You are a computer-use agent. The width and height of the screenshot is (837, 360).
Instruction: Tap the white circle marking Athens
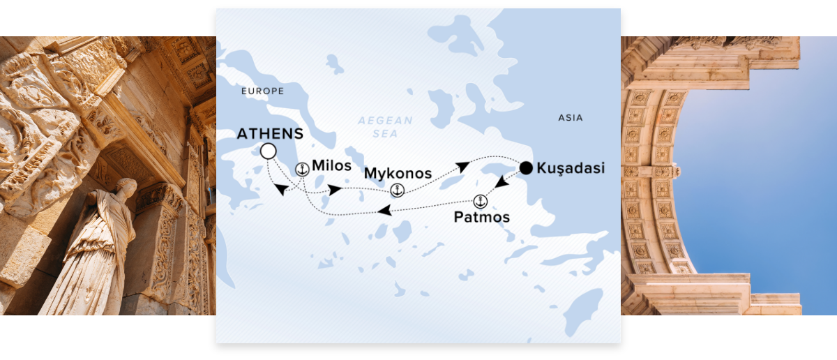(267, 151)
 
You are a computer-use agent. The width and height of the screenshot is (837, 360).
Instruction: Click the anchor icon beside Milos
(302, 169)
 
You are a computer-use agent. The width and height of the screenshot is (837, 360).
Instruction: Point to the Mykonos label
(398, 172)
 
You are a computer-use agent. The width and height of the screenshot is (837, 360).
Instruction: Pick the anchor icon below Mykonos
(397, 189)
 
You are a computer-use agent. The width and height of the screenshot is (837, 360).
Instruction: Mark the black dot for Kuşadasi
(527, 167)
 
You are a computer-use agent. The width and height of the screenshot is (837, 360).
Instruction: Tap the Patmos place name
(481, 217)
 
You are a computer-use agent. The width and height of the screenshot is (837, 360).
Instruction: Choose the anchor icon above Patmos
(480, 202)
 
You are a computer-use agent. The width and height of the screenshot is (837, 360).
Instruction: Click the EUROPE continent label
(262, 91)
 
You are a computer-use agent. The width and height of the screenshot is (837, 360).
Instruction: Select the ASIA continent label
(570, 118)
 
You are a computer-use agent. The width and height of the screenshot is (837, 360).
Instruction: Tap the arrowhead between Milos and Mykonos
(335, 190)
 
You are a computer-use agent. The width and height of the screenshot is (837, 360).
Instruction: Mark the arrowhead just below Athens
(280, 190)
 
